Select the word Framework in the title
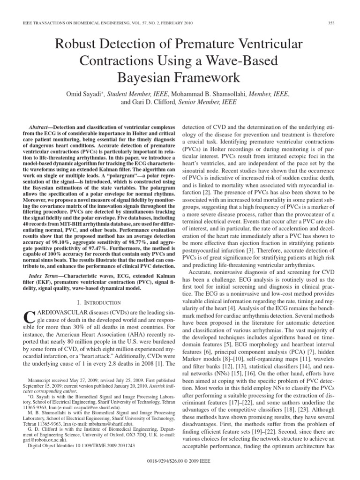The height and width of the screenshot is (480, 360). (x=209, y=77)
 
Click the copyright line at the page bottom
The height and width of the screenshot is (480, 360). (x=180, y=473)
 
